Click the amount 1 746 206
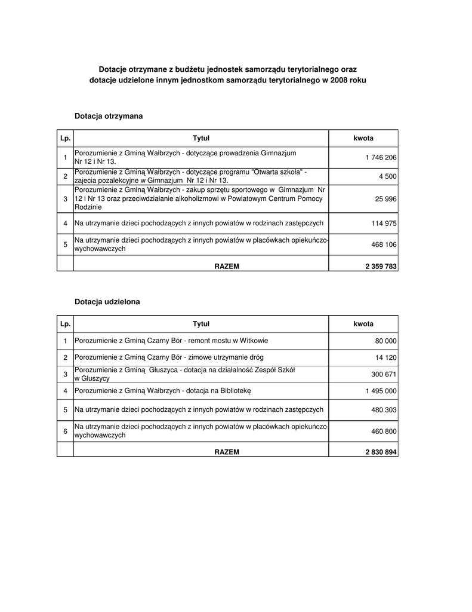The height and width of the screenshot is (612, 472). click(x=381, y=157)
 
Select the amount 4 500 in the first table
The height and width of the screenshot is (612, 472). click(x=386, y=176)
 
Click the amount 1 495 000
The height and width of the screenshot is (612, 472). click(x=381, y=391)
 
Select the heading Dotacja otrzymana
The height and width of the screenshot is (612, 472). click(x=109, y=116)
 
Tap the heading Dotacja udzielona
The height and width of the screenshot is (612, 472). click(x=107, y=302)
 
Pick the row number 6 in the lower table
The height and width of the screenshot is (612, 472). click(x=65, y=432)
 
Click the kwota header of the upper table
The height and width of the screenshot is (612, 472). click(x=363, y=138)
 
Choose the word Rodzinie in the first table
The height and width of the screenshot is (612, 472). click(x=88, y=207)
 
